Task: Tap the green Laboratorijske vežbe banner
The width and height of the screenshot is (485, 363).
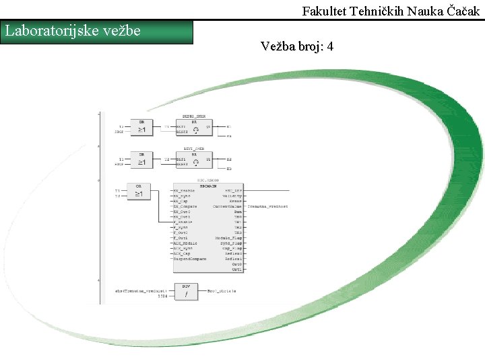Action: point(98,32)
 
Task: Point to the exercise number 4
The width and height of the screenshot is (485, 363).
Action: point(329,46)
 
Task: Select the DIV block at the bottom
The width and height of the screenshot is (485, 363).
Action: point(185,291)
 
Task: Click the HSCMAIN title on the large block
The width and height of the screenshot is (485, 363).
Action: point(209,186)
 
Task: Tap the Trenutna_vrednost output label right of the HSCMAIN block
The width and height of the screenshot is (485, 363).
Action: point(267,206)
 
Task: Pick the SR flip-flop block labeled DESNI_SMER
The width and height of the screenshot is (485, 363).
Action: point(193,128)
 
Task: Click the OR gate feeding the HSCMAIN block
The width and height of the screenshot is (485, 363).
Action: point(139,192)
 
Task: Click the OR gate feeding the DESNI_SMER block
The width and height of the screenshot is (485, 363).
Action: point(141,127)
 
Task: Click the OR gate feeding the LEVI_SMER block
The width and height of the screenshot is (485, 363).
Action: point(141,159)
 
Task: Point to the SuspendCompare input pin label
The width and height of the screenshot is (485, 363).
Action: point(191,258)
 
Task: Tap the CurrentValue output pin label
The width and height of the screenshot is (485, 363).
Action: point(228,206)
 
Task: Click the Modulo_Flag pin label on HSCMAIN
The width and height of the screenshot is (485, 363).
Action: point(229,238)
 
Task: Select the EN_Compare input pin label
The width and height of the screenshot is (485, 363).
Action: point(186,206)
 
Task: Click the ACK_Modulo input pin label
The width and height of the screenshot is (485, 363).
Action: point(187,243)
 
